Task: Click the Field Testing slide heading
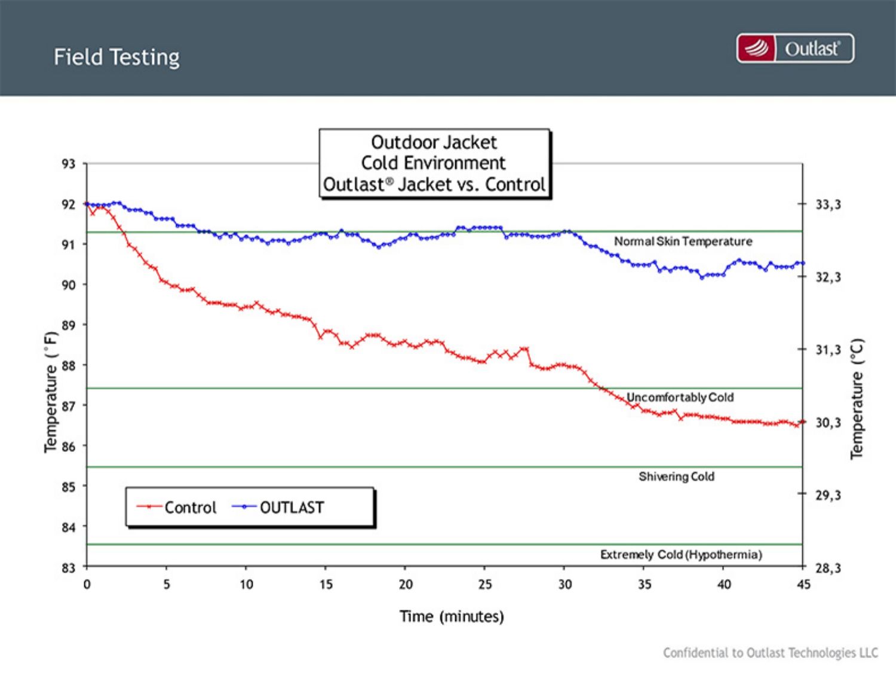tap(116, 57)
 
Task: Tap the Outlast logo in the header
tap(795, 48)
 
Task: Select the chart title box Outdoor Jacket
tap(434, 163)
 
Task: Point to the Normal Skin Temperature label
tap(683, 241)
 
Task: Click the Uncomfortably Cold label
tap(680, 397)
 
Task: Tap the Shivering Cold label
tap(676, 476)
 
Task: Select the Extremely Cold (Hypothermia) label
tap(681, 555)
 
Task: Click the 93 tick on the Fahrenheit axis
tap(69, 164)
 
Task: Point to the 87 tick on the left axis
tap(69, 406)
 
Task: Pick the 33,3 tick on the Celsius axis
tap(828, 204)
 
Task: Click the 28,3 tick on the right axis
tap(828, 568)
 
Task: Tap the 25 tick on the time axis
tap(484, 584)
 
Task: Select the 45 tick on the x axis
tap(803, 584)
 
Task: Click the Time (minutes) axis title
tap(452, 616)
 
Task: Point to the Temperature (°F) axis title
tap(51, 392)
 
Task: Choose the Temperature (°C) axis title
tap(857, 399)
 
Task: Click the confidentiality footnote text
tap(771, 653)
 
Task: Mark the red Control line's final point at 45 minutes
tap(802, 421)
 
